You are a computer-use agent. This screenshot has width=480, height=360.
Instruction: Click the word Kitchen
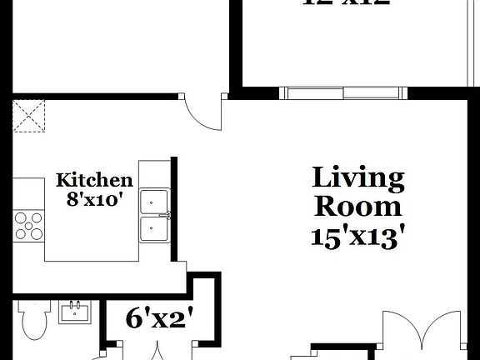click(x=94, y=180)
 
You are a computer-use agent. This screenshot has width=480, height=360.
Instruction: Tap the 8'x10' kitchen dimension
click(x=94, y=199)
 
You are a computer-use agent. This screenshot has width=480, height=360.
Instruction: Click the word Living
click(x=358, y=177)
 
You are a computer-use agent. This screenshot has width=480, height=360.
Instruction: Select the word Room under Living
click(x=358, y=206)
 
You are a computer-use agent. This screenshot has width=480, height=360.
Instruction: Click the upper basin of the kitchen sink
click(x=153, y=201)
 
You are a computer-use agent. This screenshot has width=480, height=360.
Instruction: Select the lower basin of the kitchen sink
click(x=153, y=227)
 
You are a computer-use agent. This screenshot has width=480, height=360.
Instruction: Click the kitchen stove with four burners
click(x=28, y=224)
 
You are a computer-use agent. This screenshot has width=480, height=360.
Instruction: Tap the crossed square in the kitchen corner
click(x=30, y=116)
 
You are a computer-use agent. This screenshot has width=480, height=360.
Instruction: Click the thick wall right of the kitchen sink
click(x=175, y=207)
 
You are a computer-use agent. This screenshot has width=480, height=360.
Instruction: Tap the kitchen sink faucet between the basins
click(x=167, y=214)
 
